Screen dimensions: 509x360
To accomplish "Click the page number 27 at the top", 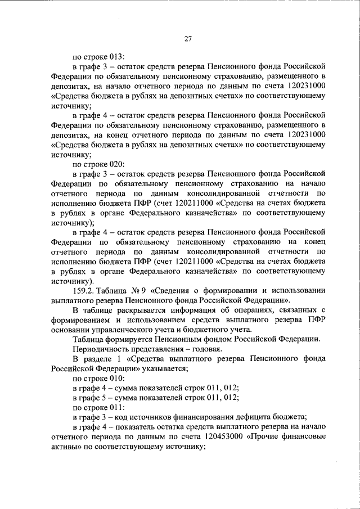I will (188, 39).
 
